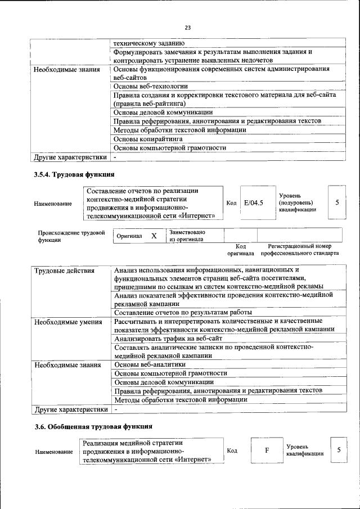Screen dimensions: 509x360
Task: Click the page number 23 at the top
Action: [188, 26]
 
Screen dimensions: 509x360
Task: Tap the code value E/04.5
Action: [254, 202]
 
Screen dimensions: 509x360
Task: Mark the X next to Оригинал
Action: [153, 236]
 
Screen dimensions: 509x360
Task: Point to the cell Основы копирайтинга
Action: [147, 138]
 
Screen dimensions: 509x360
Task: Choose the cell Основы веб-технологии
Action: [150, 86]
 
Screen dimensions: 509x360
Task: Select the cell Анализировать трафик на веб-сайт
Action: [169, 339]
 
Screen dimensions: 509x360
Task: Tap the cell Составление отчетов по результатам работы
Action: [182, 312]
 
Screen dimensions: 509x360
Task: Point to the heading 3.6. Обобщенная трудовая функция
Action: [93, 426]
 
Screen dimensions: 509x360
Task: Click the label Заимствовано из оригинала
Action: [187, 236]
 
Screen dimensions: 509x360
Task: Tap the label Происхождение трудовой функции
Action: [71, 236]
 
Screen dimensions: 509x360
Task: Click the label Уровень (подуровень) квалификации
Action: [297, 202]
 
